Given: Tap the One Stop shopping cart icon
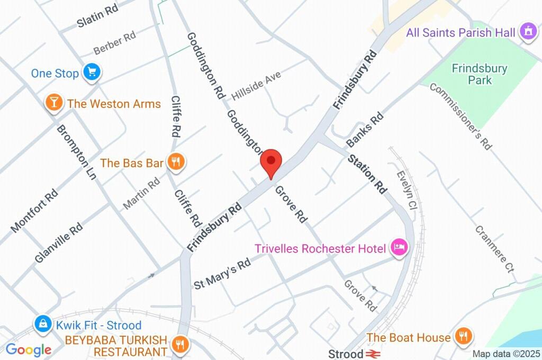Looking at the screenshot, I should point(92,73).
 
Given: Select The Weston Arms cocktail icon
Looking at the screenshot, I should point(53,103).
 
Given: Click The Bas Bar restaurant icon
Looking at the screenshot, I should point(176,163).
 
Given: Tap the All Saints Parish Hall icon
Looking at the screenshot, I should point(527,32).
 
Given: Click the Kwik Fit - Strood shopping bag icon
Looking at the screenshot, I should point(42,323).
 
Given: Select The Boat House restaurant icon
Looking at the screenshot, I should point(464,336).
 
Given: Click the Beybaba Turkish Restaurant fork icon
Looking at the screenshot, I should point(180,345).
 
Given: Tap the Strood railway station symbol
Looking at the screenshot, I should point(373,353).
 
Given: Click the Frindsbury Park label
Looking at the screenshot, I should point(480,74).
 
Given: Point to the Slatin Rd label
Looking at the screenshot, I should point(97,17).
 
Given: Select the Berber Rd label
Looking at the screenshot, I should point(115,43).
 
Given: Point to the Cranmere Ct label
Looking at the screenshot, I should point(495,249).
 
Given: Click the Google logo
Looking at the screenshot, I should point(29,350).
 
